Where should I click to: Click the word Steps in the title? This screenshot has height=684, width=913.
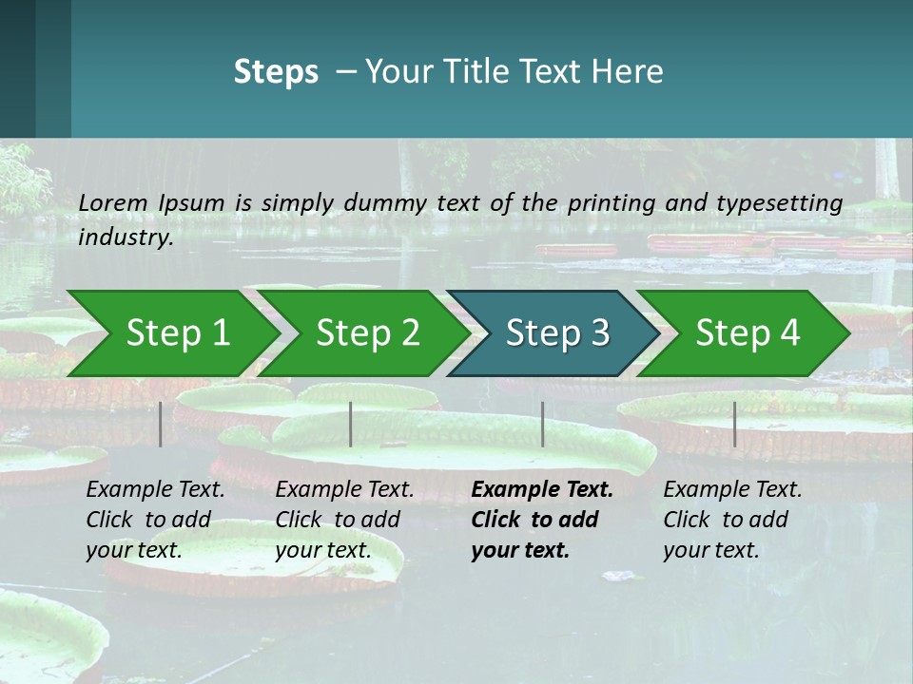coord(276,72)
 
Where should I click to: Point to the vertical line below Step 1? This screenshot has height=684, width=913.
coord(161,424)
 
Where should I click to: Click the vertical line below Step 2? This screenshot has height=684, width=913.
coord(351,424)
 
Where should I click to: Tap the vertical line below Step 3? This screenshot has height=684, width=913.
coord(542,424)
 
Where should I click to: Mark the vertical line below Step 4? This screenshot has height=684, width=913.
coord(734,424)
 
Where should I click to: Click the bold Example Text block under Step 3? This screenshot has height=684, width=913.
coord(541,520)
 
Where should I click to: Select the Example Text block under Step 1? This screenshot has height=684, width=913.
coord(155,520)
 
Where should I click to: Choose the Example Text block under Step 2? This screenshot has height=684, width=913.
coord(344,520)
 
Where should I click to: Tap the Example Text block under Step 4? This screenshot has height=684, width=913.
coord(732,520)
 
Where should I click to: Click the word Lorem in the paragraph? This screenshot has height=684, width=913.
coord(113,202)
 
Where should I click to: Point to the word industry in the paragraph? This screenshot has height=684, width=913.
coord(126,237)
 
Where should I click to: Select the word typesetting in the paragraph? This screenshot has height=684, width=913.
coord(787,202)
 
